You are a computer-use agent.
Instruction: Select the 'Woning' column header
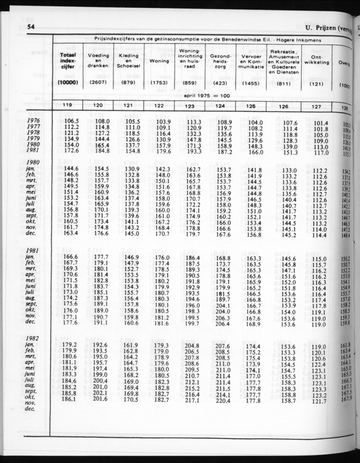(x=159, y=61)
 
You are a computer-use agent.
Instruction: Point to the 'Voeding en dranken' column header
(x=98, y=61)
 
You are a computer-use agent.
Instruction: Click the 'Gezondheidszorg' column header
(x=220, y=61)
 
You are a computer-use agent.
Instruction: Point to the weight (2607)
(x=98, y=83)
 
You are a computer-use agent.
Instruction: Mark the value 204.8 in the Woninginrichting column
(x=191, y=346)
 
